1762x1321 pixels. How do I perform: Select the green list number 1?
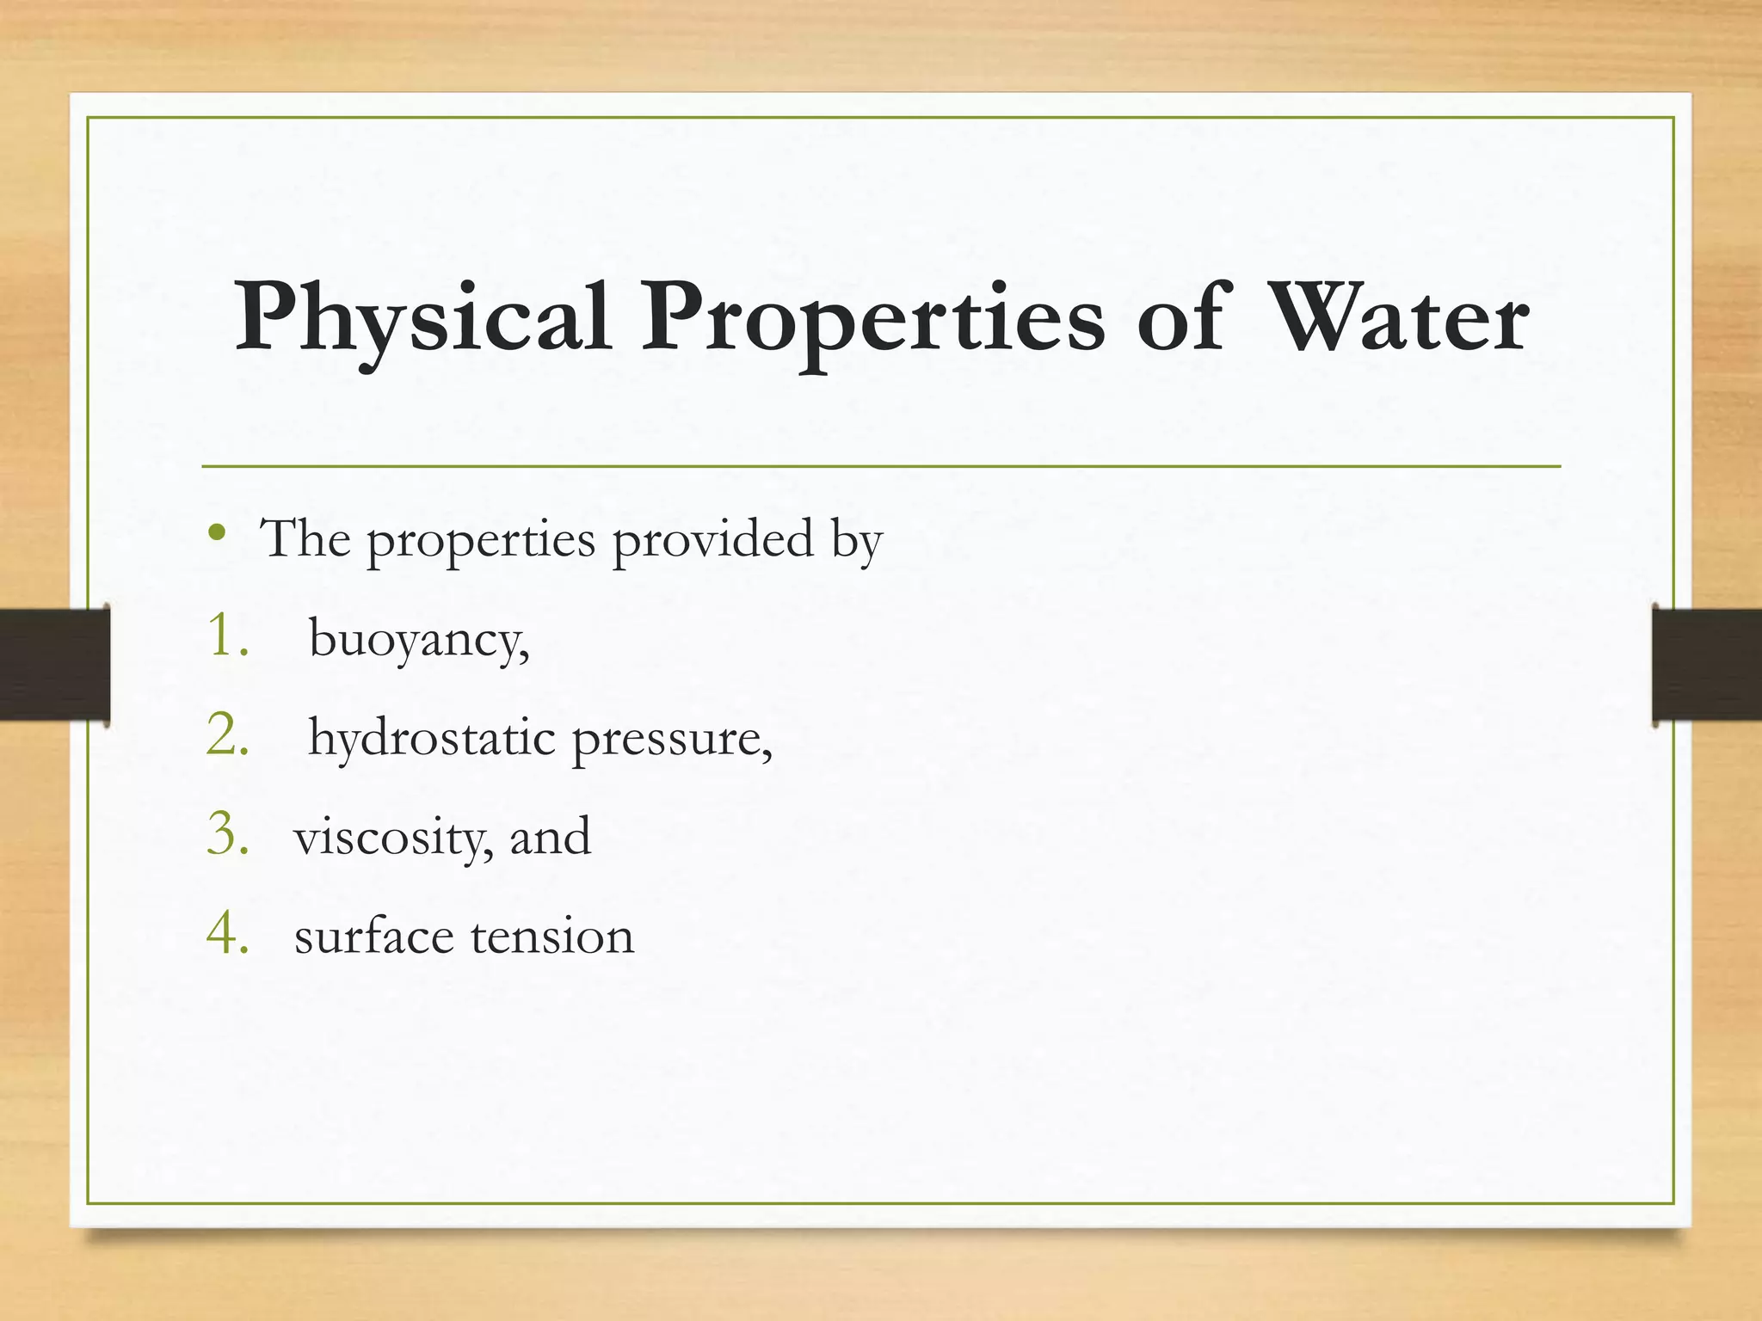pyautogui.click(x=225, y=636)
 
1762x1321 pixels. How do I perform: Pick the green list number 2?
pyautogui.click(x=227, y=735)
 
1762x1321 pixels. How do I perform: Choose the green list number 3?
pyautogui.click(x=227, y=834)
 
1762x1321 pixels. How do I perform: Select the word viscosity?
pyautogui.click(x=393, y=838)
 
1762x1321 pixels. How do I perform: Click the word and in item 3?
pyautogui.click(x=550, y=836)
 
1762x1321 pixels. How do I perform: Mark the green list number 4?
pyautogui.click(x=227, y=934)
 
